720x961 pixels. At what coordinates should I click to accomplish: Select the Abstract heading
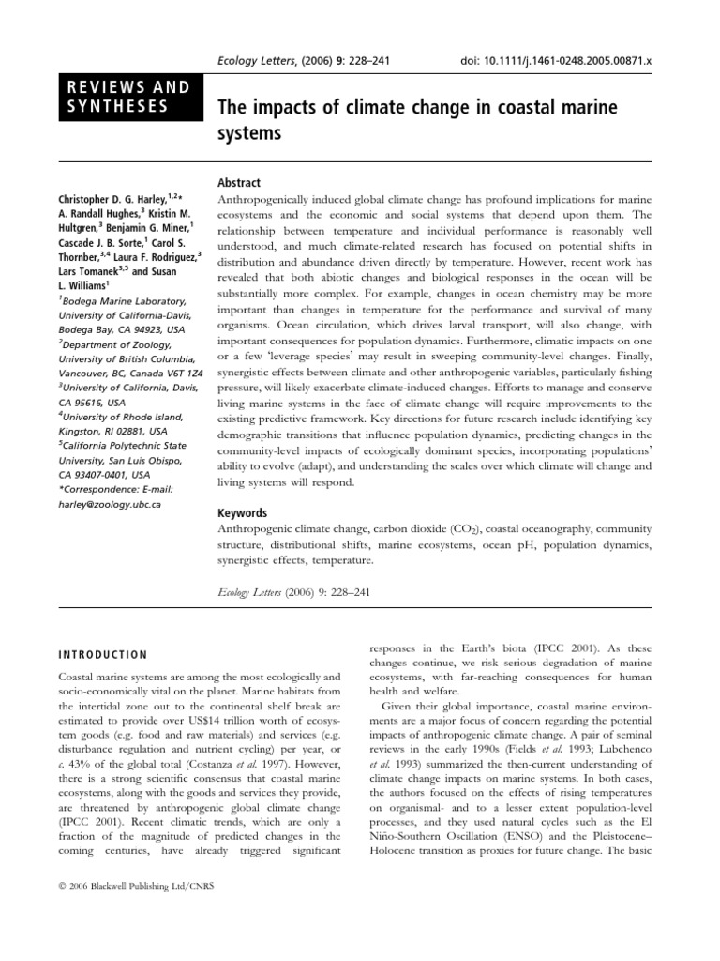click(239, 183)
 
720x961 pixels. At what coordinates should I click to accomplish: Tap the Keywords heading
click(242, 513)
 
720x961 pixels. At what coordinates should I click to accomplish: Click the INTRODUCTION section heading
click(103, 655)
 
